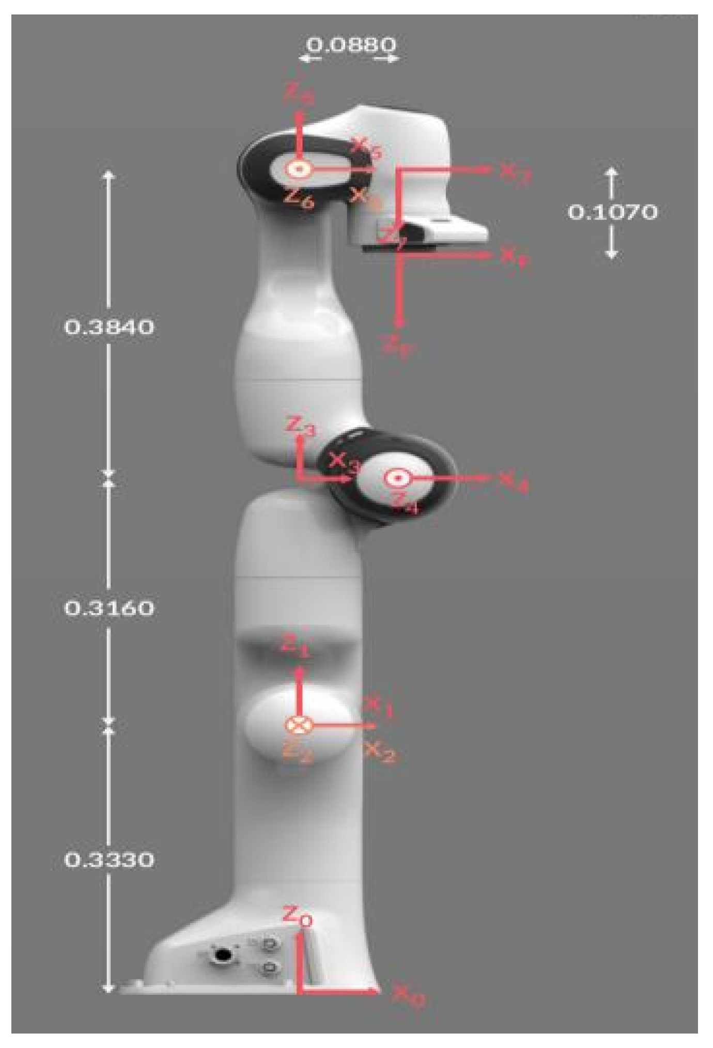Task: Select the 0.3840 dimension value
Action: [109, 327]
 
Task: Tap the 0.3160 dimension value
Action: [109, 608]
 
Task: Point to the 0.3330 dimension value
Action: [109, 860]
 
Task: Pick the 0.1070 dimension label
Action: [612, 211]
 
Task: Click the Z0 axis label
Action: [297, 915]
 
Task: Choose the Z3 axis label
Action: [300, 427]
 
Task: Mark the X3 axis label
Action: [344, 461]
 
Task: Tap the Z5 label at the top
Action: [299, 94]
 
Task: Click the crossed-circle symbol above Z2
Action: [299, 725]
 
